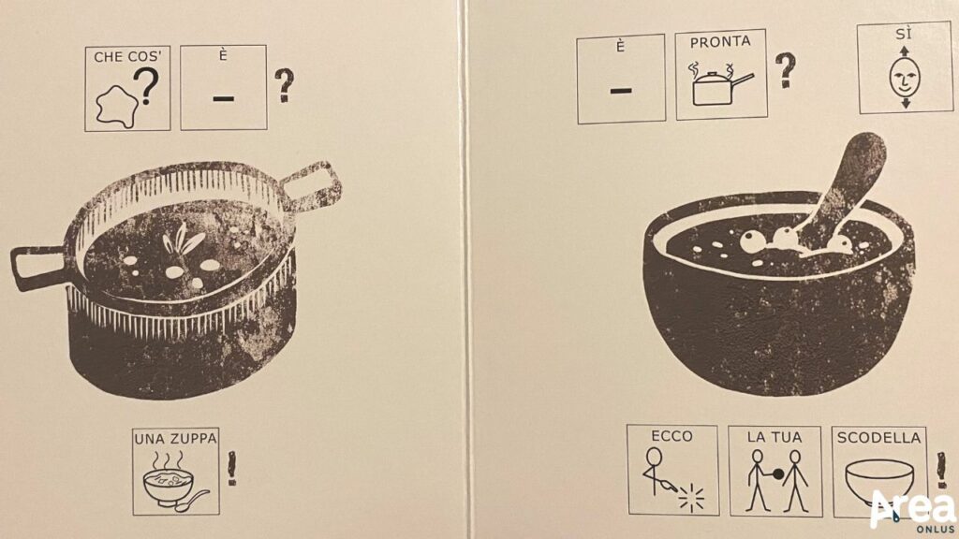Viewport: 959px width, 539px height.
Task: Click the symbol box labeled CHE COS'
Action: [127, 89]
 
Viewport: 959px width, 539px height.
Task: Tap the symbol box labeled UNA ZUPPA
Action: [176, 472]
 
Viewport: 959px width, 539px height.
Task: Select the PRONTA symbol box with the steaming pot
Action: [721, 75]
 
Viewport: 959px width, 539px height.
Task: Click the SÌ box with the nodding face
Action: [906, 67]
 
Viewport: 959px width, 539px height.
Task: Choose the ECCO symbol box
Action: [672, 470]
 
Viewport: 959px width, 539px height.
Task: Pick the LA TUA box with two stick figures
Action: [775, 472]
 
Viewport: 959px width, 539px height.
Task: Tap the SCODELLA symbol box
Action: [879, 472]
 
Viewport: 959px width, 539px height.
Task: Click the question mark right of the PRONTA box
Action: [786, 70]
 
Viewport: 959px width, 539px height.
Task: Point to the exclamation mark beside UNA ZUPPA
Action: [232, 469]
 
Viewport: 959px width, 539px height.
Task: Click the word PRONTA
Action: [720, 42]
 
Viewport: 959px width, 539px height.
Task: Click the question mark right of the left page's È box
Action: [284, 85]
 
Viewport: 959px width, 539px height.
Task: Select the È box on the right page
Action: [621, 79]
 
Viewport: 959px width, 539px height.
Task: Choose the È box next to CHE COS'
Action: [223, 87]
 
